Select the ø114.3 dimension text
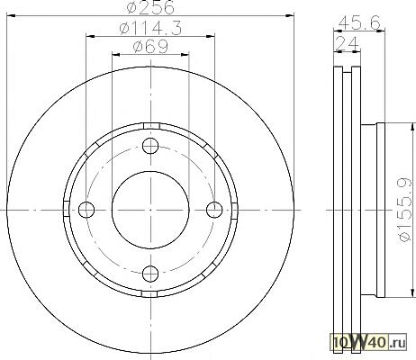(x=150, y=29)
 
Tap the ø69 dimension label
(x=150, y=47)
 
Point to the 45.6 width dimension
(x=359, y=22)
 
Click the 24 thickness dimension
(x=347, y=43)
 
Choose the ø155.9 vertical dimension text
(x=404, y=210)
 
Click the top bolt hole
(x=150, y=146)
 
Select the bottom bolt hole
(x=150, y=274)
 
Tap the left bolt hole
(x=86, y=210)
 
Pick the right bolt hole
(x=214, y=210)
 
